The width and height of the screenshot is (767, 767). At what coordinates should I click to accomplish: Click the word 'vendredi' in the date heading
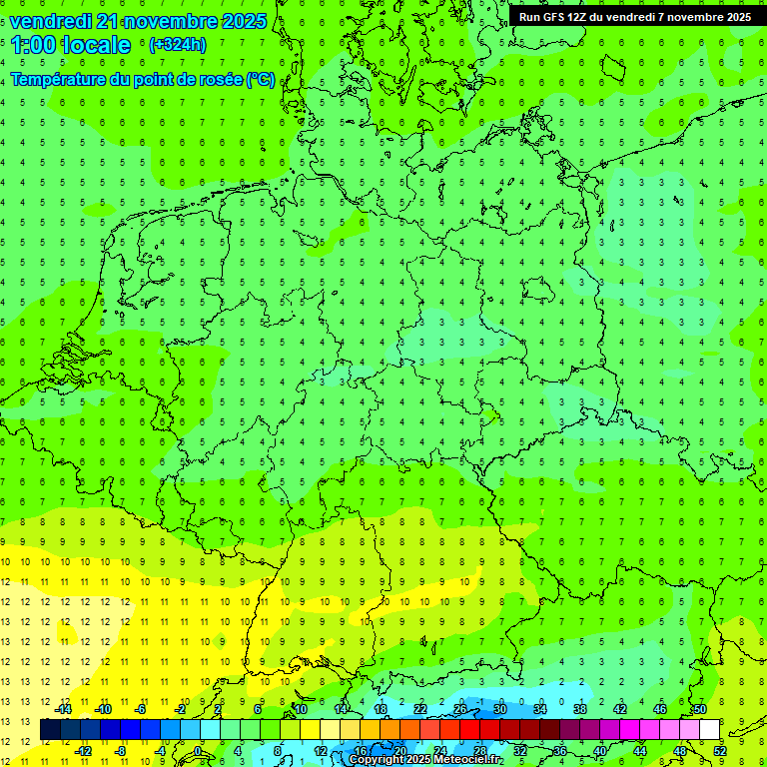click(51, 21)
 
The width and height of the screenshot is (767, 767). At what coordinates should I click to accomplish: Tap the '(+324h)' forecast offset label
click(177, 44)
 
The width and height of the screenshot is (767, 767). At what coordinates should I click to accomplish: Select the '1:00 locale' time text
click(71, 45)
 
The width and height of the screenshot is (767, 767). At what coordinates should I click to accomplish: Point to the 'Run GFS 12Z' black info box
click(635, 16)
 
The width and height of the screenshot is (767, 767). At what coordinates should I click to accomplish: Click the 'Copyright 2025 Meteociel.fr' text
click(424, 760)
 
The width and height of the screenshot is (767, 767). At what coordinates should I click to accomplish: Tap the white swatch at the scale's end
click(710, 730)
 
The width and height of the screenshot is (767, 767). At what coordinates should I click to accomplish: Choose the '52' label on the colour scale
click(720, 751)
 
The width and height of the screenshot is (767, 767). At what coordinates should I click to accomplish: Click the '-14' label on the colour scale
click(64, 709)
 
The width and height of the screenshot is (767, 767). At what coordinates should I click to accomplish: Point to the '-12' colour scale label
click(83, 751)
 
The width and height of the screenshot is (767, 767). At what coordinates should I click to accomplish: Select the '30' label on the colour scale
click(500, 709)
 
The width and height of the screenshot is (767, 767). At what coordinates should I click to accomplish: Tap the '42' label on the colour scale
click(620, 709)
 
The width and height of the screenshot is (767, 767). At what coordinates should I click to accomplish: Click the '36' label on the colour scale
click(560, 751)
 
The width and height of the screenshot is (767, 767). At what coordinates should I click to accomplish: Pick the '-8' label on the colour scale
click(122, 751)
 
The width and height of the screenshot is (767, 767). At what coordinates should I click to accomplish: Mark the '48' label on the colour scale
click(680, 751)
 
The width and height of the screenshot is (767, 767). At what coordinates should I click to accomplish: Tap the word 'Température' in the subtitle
click(58, 80)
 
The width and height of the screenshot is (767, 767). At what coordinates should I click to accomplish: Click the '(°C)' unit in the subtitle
click(261, 80)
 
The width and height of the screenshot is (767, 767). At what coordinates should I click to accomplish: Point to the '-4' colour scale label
click(160, 751)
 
